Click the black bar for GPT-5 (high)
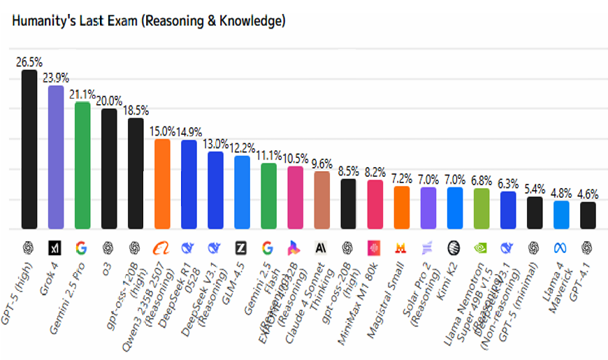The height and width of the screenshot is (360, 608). click(x=29, y=150)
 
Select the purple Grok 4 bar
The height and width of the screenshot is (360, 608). click(x=55, y=157)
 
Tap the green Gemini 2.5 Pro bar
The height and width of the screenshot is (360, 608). click(x=82, y=166)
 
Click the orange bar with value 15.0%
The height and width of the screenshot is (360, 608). click(x=162, y=184)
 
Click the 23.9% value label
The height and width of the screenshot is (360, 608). click(x=55, y=77)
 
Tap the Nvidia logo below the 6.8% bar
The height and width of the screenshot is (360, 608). click(x=482, y=247)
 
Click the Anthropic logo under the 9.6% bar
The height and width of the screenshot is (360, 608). click(x=321, y=247)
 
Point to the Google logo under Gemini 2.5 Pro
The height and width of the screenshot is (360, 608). click(x=82, y=247)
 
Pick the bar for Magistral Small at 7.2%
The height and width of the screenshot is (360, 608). click(x=402, y=207)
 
